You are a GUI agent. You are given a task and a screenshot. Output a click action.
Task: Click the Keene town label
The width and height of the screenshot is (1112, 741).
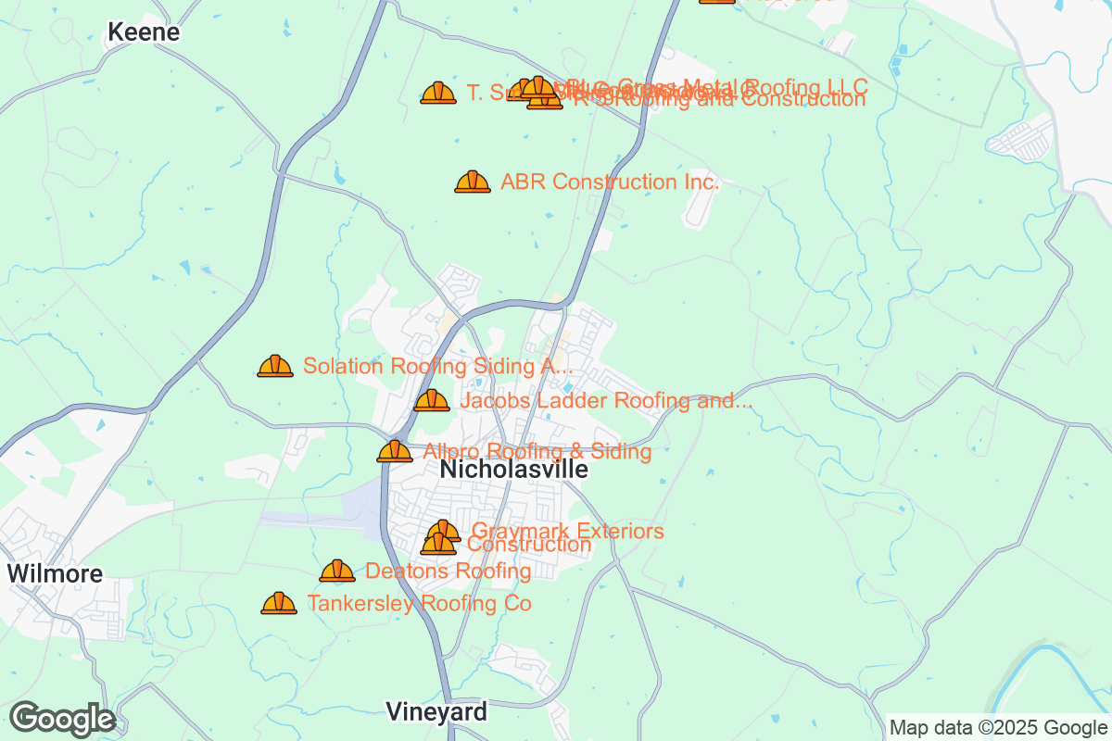pyautogui.click(x=144, y=32)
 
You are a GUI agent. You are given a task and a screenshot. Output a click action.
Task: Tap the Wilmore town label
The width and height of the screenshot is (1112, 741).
pyautogui.click(x=55, y=573)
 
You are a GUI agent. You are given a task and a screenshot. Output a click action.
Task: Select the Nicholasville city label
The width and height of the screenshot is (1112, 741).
pyautogui.click(x=513, y=470)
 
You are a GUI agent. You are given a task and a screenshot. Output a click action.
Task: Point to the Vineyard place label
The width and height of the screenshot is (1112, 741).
pyautogui.click(x=436, y=712)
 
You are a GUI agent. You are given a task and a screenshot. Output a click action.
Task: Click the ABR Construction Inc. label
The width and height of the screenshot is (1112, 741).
pyautogui.click(x=610, y=182)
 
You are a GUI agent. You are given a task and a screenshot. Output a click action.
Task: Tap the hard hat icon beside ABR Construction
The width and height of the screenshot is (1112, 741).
pyautogui.click(x=473, y=182)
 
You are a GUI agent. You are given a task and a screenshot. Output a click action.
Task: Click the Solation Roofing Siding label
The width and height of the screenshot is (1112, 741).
pyautogui.click(x=437, y=366)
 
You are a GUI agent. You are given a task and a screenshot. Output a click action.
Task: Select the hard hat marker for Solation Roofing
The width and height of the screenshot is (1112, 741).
pyautogui.click(x=275, y=366)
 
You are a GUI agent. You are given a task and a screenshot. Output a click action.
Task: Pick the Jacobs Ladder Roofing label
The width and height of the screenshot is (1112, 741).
pyautogui.click(x=605, y=401)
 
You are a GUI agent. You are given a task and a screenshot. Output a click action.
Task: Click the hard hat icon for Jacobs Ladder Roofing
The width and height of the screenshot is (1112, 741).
pyautogui.click(x=431, y=401)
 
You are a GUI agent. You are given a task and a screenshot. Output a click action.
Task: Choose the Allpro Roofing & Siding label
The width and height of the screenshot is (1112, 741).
pyautogui.click(x=537, y=452)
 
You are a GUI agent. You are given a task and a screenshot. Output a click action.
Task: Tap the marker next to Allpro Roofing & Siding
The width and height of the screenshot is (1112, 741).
pyautogui.click(x=395, y=451)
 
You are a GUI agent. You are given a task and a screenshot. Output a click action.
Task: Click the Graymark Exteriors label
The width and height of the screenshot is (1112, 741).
pyautogui.click(x=567, y=531)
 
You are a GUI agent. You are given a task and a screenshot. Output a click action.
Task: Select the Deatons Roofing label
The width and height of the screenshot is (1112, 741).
pyautogui.click(x=449, y=571)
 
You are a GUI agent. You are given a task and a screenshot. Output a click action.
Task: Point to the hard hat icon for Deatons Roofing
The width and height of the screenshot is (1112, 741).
pyautogui.click(x=337, y=571)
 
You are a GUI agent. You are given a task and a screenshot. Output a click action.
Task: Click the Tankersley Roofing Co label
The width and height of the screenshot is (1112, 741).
pyautogui.click(x=419, y=604)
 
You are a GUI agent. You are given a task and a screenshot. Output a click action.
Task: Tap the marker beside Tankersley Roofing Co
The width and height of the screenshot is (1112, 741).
pyautogui.click(x=279, y=603)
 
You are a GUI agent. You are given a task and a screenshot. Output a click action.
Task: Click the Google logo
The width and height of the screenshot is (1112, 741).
pyautogui.click(x=62, y=719)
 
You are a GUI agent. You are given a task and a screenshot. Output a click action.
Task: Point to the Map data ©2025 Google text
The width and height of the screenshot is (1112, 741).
pyautogui.click(x=998, y=727)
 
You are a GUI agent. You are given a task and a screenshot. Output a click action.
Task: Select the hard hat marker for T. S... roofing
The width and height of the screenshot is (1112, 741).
pyautogui.click(x=438, y=93)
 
